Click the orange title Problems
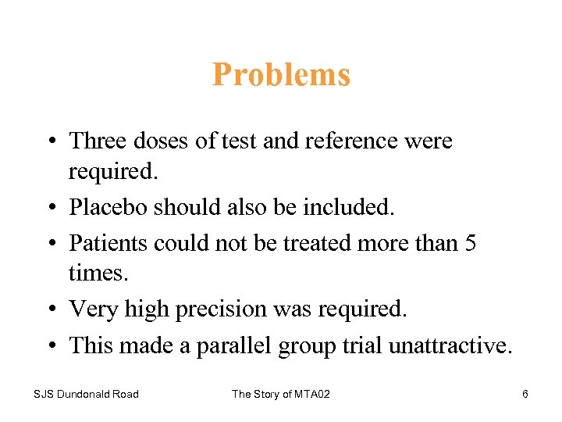pyautogui.click(x=281, y=75)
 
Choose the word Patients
pyautogui.click(x=105, y=243)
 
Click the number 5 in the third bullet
pyautogui.click(x=470, y=243)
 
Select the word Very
pyautogui.click(x=89, y=310)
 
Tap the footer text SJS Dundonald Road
pyautogui.click(x=86, y=394)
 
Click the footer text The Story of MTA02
pyautogui.click(x=281, y=394)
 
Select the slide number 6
pyautogui.click(x=525, y=394)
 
